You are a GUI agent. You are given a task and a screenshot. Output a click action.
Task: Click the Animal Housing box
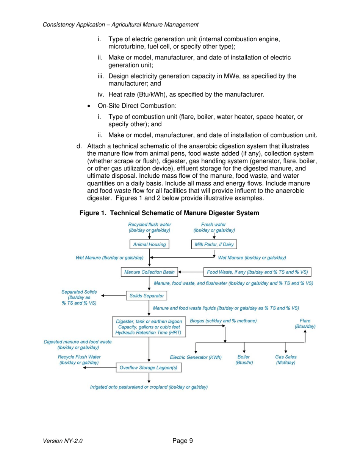click(x=149, y=244)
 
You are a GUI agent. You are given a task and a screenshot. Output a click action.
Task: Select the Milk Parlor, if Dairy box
click(x=214, y=244)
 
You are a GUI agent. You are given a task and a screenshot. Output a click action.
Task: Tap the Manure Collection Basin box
click(x=149, y=272)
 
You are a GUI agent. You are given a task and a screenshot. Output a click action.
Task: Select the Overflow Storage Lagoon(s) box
click(x=149, y=367)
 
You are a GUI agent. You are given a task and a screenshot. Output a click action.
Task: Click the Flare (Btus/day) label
click(x=305, y=323)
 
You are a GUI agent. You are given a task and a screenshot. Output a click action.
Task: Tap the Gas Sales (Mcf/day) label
click(x=285, y=360)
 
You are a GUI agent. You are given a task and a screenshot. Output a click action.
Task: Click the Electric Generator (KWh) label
click(x=196, y=357)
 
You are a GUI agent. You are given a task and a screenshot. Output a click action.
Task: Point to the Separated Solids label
click(x=79, y=298)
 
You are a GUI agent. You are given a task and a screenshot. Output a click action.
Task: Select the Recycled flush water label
click(x=149, y=227)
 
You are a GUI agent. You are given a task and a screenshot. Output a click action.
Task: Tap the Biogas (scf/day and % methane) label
click(x=223, y=321)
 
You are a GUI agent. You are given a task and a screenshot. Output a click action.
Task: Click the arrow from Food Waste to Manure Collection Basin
click(x=192, y=272)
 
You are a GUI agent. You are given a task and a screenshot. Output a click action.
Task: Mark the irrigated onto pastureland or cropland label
click(x=149, y=387)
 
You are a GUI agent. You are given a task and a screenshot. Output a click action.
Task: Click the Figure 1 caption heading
click(x=169, y=213)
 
